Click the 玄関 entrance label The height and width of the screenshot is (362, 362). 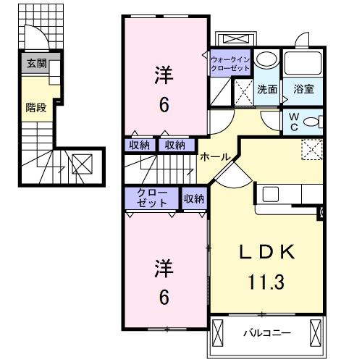37,64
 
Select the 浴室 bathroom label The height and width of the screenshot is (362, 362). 303,89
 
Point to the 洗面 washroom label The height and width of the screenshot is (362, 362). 266,89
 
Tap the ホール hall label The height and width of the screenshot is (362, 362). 215,156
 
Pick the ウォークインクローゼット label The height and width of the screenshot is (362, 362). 230,62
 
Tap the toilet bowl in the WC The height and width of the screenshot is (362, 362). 312,122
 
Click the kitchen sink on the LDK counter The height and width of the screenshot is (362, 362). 270,193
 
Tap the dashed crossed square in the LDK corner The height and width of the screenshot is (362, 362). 312,150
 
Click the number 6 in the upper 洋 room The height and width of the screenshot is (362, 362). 164,105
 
